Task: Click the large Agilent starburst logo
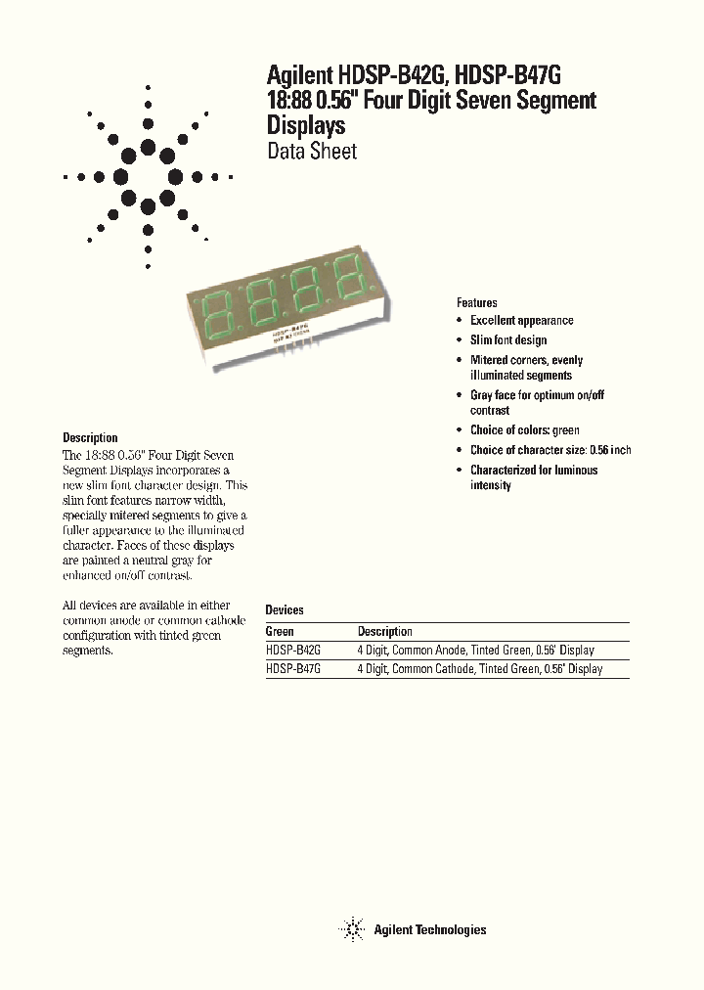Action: click(x=148, y=177)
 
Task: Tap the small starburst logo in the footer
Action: click(x=352, y=929)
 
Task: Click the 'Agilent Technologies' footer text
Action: click(x=429, y=929)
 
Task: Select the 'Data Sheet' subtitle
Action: click(x=312, y=152)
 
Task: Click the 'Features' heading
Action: click(x=477, y=303)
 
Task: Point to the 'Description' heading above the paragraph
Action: click(x=90, y=438)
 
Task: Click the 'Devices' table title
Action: click(x=285, y=609)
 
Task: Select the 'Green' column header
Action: click(x=280, y=632)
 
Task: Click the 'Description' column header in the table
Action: click(x=384, y=632)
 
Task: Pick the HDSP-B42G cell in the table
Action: click(x=293, y=651)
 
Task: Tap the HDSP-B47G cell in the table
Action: click(x=293, y=669)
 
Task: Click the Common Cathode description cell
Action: click(x=479, y=669)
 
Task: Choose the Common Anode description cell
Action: click(x=475, y=651)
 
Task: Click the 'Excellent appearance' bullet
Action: click(x=521, y=321)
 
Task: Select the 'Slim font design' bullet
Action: click(x=508, y=339)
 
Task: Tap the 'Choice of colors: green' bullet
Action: click(x=524, y=430)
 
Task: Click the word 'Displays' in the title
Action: click(x=306, y=126)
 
